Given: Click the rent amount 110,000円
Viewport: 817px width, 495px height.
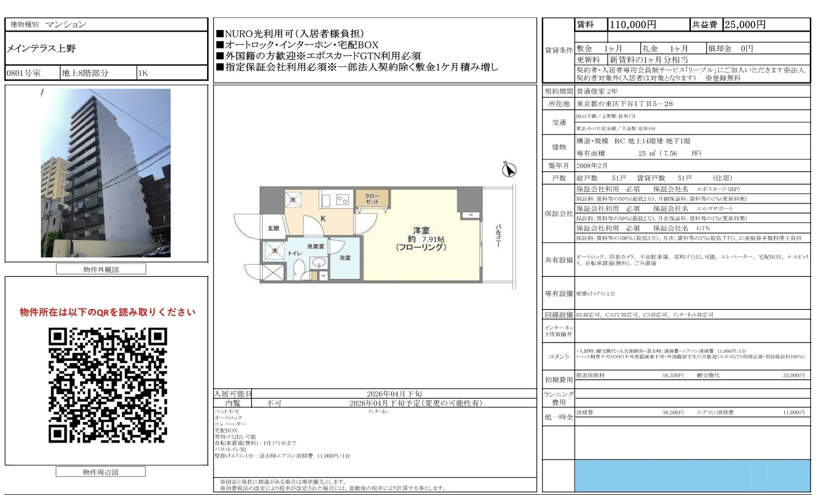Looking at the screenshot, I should pos(633,25).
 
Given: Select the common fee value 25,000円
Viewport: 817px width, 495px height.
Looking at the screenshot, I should pos(745,25).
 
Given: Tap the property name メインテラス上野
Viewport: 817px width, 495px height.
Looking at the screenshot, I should pos(41,48).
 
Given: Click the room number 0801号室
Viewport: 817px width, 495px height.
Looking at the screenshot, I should pos(24,73).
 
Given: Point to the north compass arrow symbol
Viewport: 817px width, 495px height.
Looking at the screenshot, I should pos(509,170).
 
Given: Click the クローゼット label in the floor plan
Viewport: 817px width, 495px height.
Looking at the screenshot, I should pos(372,199).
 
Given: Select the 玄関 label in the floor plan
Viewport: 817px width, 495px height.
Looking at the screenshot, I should pos(273,228).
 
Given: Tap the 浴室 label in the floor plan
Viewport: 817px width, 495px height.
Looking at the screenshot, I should pos(345,258).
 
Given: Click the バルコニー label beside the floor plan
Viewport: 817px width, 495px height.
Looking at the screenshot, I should pos(498,236).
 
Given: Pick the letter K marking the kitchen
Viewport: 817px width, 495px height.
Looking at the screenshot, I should pos(323,219).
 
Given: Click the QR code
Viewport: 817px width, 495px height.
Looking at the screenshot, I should pos(108,385).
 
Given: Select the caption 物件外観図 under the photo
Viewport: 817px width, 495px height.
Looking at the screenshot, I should pos(101,269).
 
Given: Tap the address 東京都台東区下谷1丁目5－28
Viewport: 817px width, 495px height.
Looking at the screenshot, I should pos(625,104).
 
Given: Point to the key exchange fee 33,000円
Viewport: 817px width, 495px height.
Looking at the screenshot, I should pos(793,375).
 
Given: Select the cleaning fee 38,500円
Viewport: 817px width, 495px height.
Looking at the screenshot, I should pos(673,412).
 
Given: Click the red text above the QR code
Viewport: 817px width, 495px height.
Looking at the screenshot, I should pos(108,312).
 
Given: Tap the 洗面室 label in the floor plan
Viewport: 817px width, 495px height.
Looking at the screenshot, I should pos(316,246).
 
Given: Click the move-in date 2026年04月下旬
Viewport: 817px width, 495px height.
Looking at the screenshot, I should pos(394,394).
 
